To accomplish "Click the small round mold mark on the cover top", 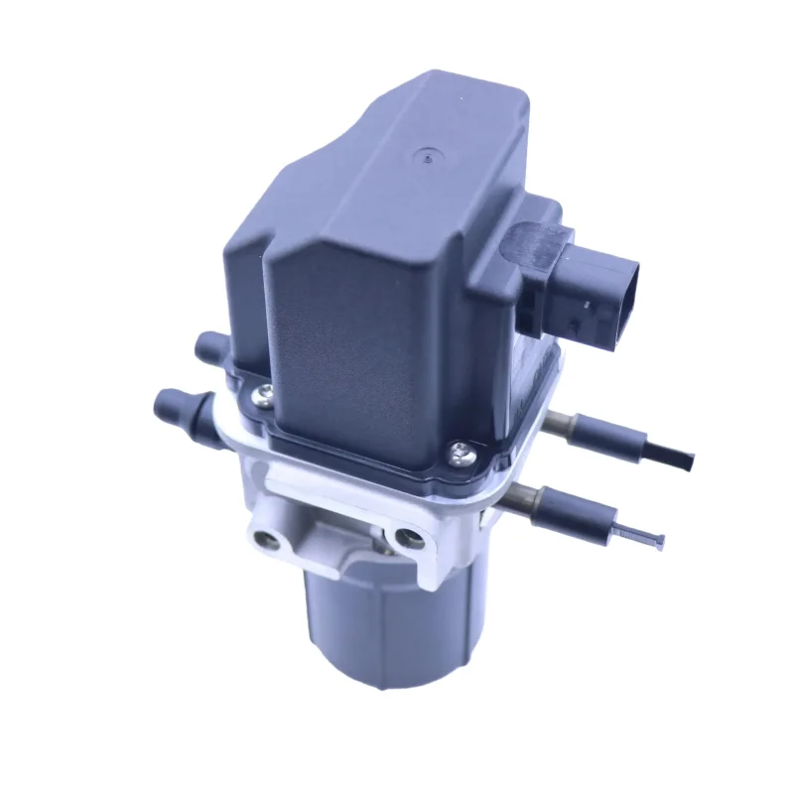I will [x=428, y=156].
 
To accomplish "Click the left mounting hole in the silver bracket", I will [x=265, y=539].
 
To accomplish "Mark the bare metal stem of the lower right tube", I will [x=516, y=501].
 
